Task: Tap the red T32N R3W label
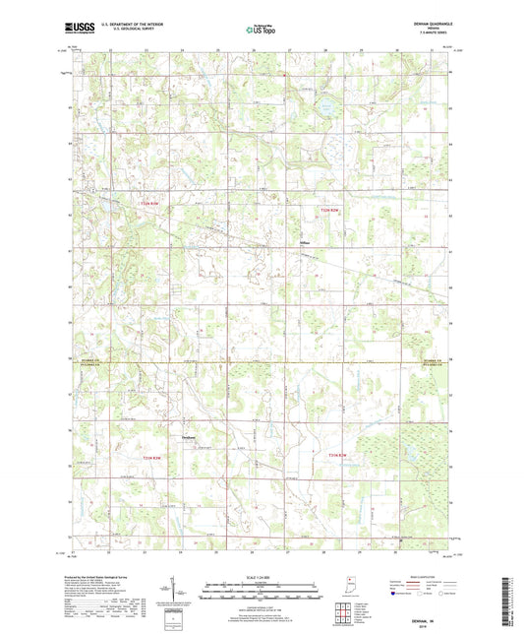[x=146, y=204]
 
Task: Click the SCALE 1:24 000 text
[x=261, y=577]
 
